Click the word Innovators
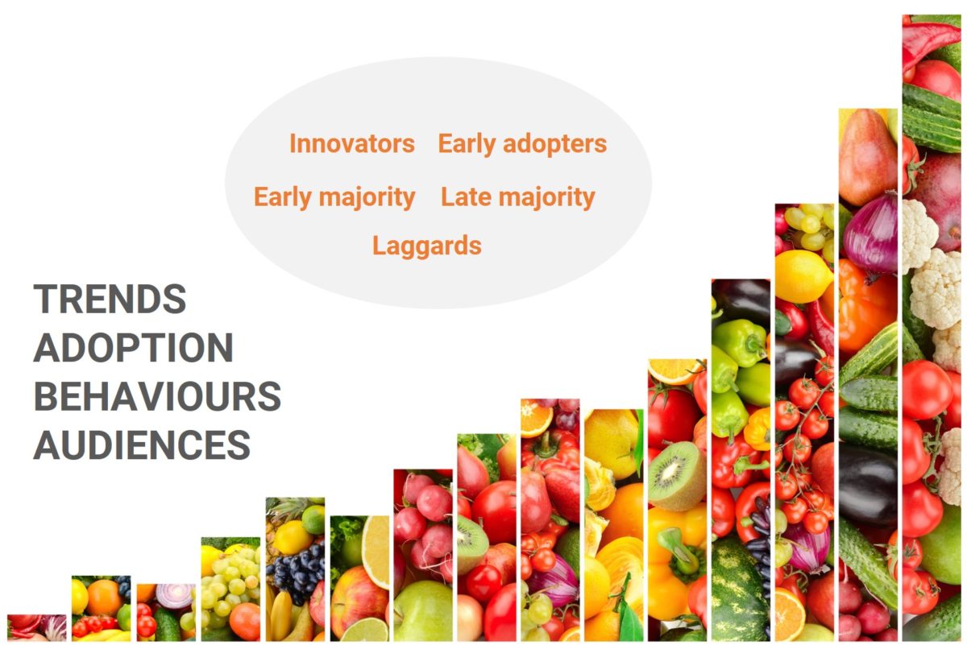point(352,143)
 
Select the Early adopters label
point(522,144)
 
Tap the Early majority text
point(334,197)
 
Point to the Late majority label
point(518,197)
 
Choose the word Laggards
point(427,246)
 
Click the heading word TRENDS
point(110,299)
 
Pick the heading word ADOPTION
point(134,347)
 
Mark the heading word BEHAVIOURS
point(158,396)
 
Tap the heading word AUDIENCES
point(142,444)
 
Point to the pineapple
point(285,518)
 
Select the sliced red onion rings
point(176,595)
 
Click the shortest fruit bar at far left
point(37,627)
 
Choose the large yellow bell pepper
point(675,561)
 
